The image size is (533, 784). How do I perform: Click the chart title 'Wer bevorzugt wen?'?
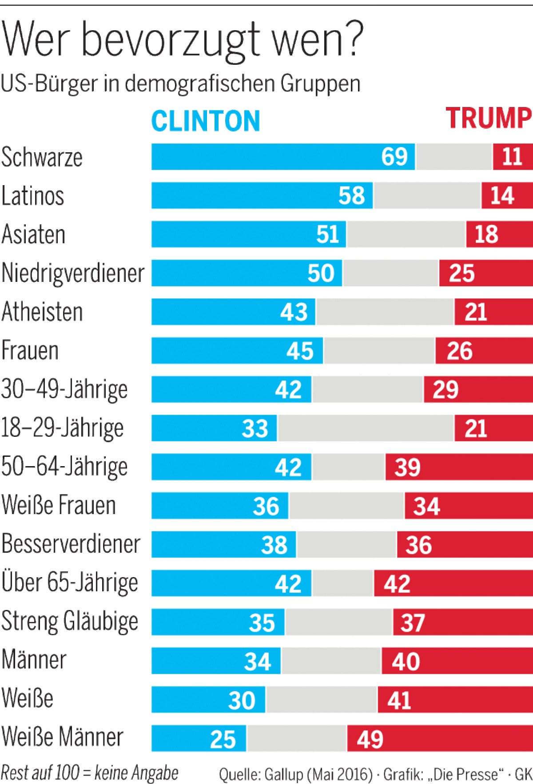(x=182, y=40)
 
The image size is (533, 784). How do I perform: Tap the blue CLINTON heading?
(x=206, y=121)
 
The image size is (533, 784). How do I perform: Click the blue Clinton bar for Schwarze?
(x=266, y=157)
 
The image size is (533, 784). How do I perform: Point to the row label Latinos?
(x=33, y=196)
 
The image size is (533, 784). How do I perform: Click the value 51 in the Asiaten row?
(x=328, y=234)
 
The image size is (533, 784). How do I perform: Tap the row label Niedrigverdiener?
(x=73, y=273)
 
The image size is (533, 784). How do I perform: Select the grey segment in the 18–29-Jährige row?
(x=366, y=428)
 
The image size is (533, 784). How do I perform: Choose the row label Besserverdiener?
(x=71, y=544)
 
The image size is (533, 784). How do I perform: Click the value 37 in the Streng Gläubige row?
(x=413, y=622)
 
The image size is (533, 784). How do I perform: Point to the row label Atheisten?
(x=42, y=312)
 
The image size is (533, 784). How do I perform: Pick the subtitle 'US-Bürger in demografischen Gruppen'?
(x=180, y=83)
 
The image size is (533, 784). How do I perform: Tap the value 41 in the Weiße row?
(x=399, y=700)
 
